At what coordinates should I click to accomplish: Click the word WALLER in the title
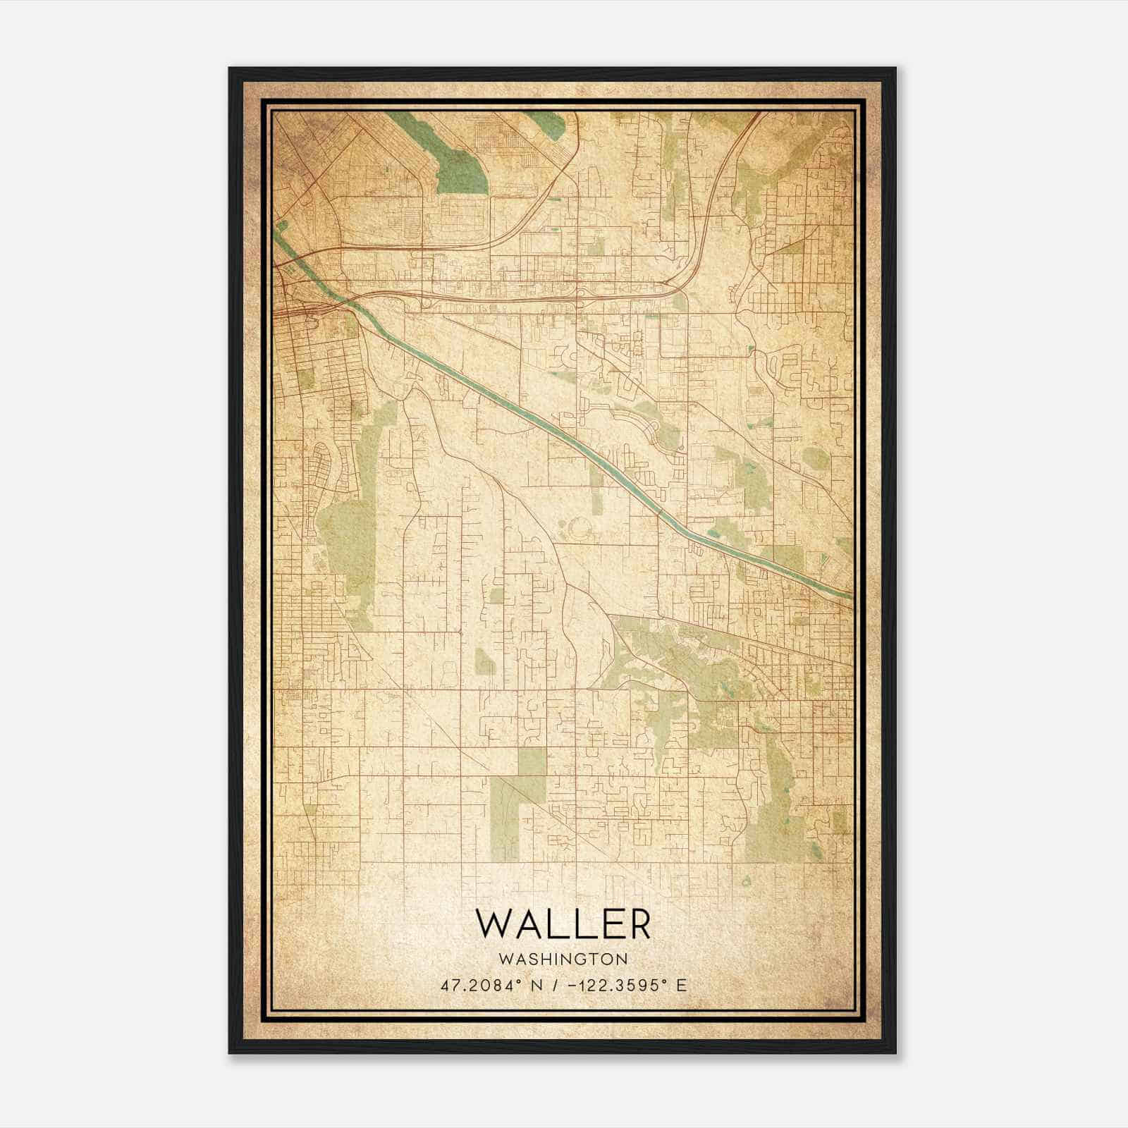point(563,924)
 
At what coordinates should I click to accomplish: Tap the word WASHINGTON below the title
point(563,960)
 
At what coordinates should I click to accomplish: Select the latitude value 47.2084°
point(479,985)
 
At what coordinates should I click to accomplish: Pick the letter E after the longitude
point(680,985)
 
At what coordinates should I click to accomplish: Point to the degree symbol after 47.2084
point(521,981)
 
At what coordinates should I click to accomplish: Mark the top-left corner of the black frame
point(230,69)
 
